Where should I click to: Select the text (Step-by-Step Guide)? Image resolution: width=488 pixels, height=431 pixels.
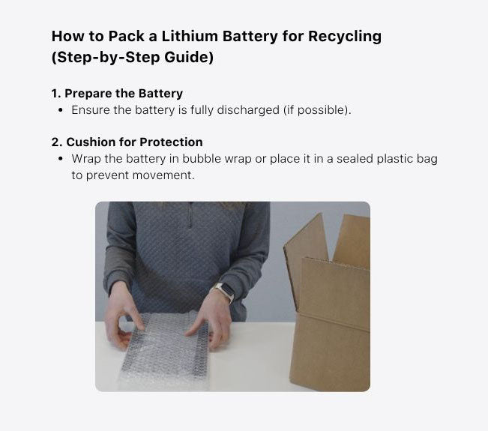point(133,58)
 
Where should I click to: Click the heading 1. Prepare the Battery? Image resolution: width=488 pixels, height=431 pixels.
point(117,94)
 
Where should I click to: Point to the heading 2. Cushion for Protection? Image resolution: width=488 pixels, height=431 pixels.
point(127,142)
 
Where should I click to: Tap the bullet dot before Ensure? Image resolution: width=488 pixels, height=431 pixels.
point(61,110)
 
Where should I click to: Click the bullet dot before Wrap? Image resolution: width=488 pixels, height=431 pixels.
point(61,159)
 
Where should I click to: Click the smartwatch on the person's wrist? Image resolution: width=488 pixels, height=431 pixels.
point(223,293)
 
